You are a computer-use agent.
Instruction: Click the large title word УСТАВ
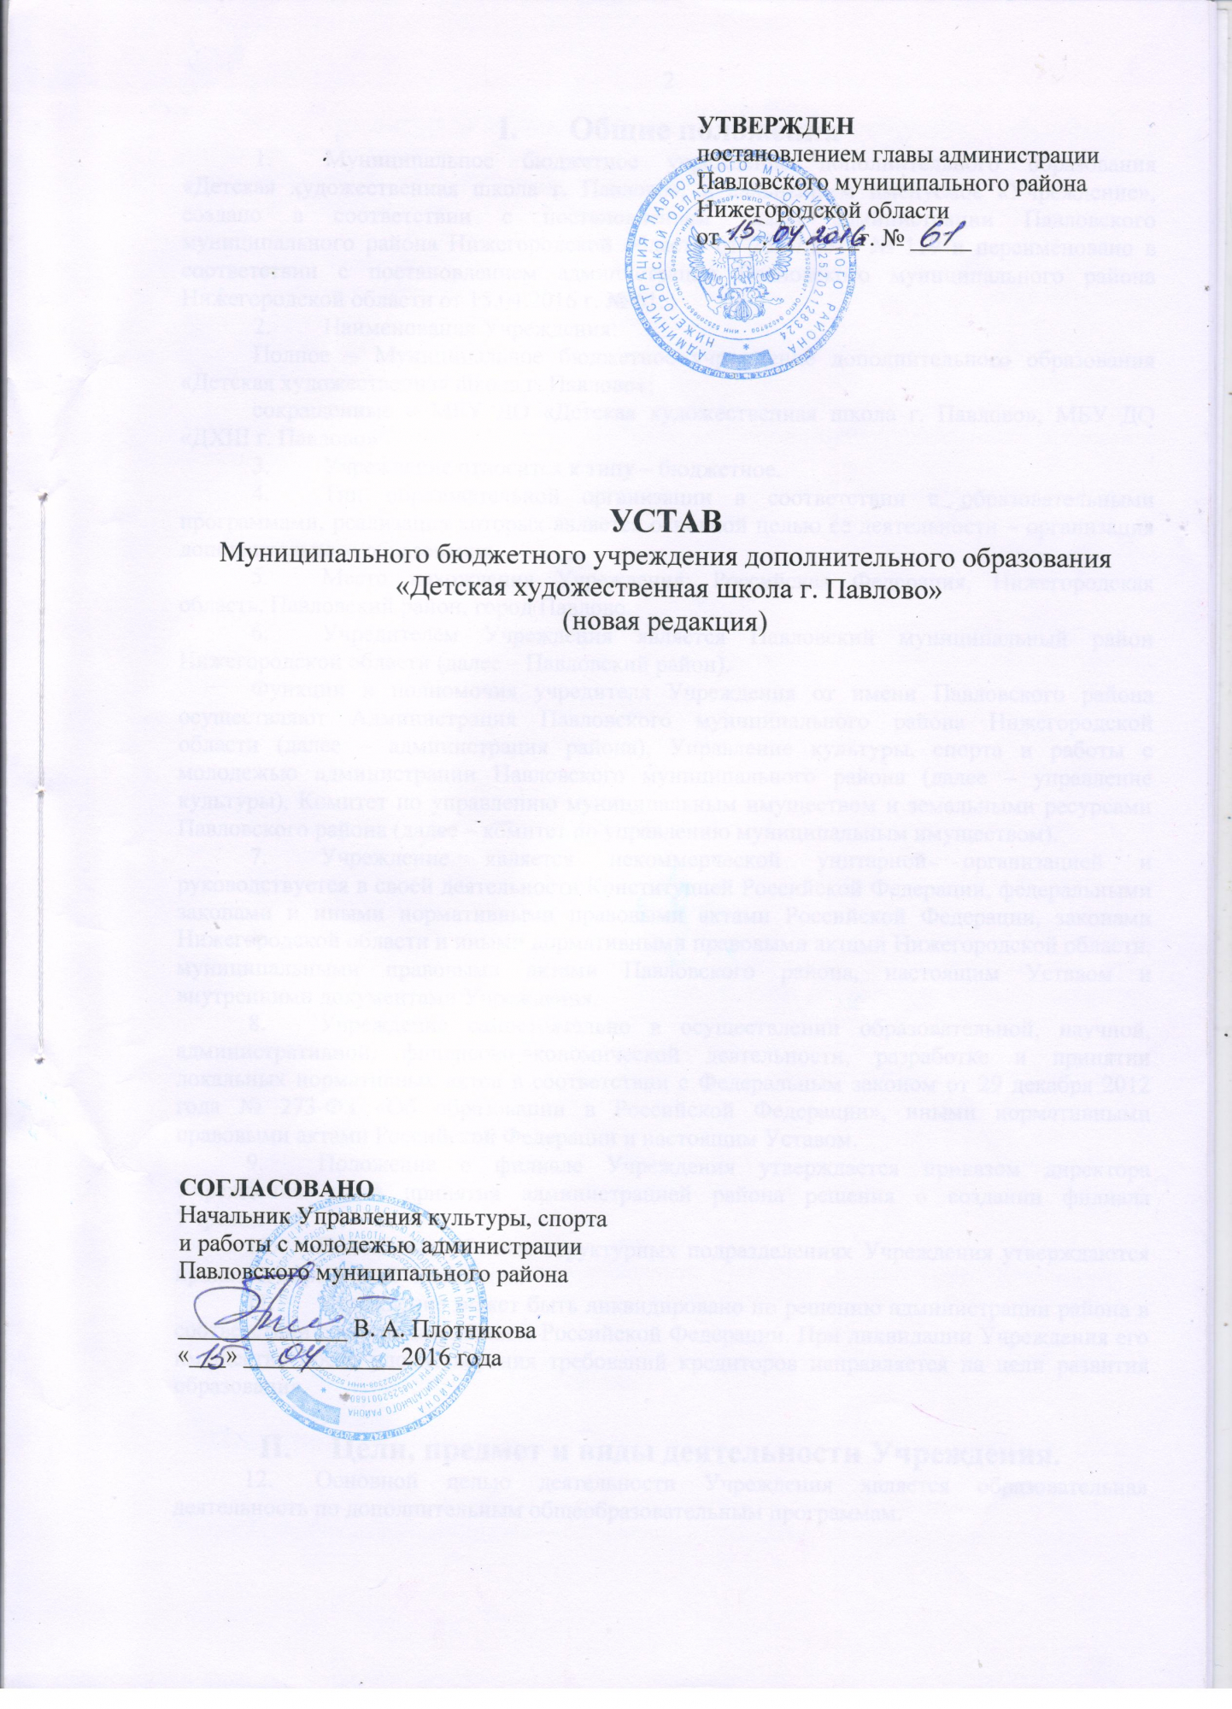pyautogui.click(x=659, y=519)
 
